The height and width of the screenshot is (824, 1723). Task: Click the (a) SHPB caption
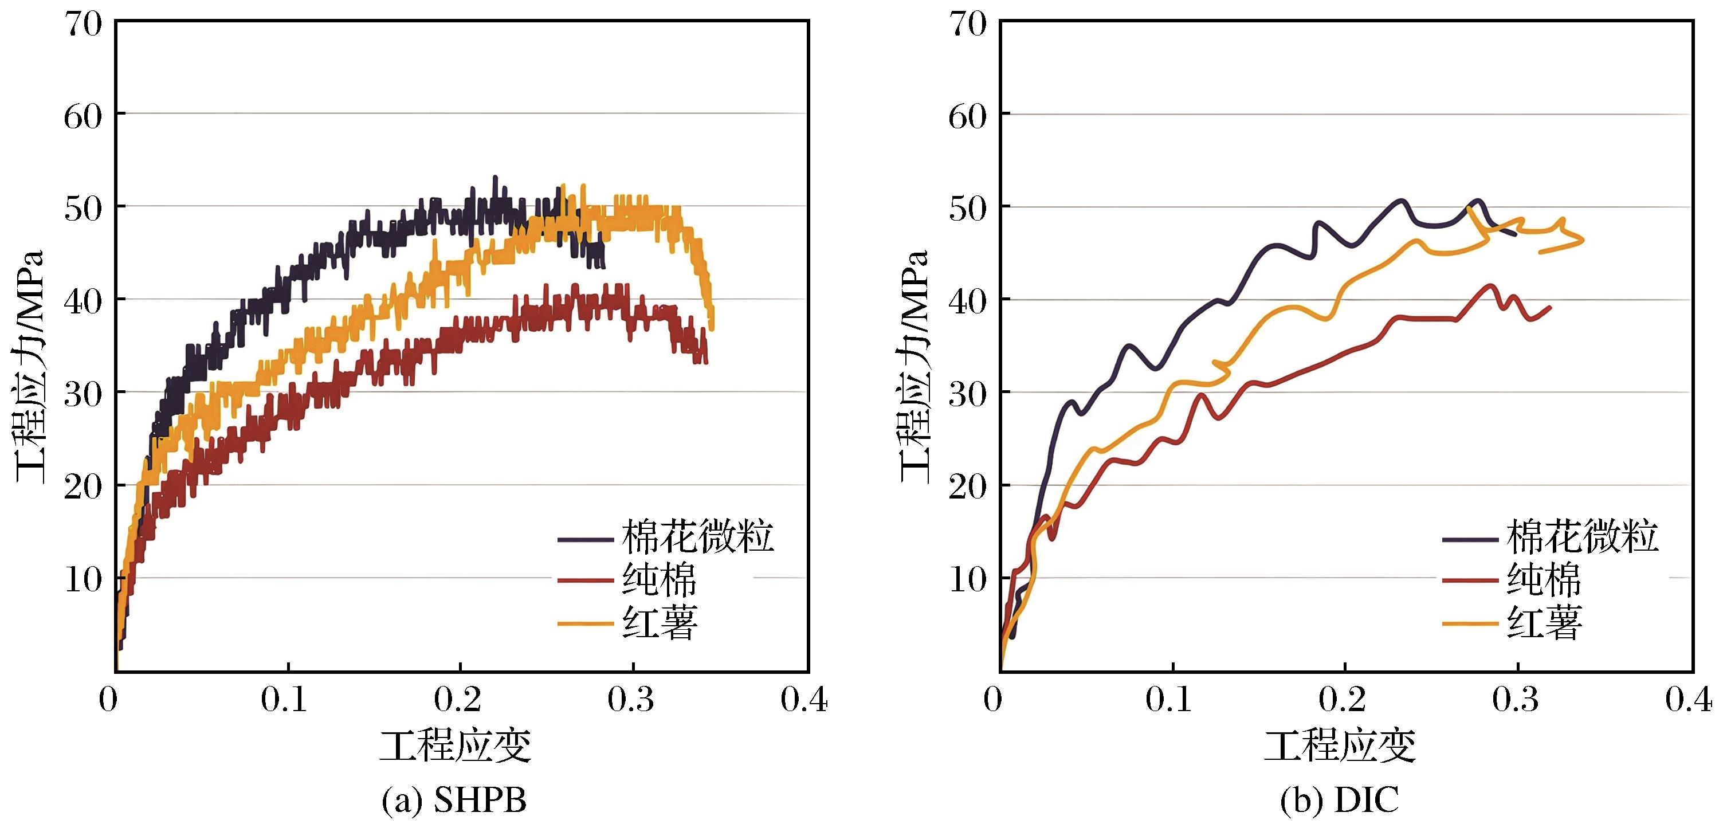click(454, 800)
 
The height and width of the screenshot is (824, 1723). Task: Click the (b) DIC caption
click(1339, 800)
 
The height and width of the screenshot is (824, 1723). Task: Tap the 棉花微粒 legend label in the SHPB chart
click(698, 537)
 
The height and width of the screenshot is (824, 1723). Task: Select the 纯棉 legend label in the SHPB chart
click(660, 579)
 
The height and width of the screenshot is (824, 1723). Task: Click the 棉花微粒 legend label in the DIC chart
click(1583, 537)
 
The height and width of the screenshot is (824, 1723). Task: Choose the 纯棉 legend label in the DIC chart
click(1544, 579)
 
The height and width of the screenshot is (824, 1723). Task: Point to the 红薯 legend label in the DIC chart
click(1544, 623)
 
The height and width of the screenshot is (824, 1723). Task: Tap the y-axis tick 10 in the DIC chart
click(968, 579)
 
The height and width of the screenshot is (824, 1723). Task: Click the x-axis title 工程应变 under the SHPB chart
click(456, 745)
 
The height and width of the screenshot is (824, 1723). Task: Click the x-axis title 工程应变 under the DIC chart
click(1340, 745)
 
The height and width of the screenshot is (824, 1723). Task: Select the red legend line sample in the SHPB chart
click(585, 580)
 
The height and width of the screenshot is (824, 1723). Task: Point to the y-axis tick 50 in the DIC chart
click(968, 209)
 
